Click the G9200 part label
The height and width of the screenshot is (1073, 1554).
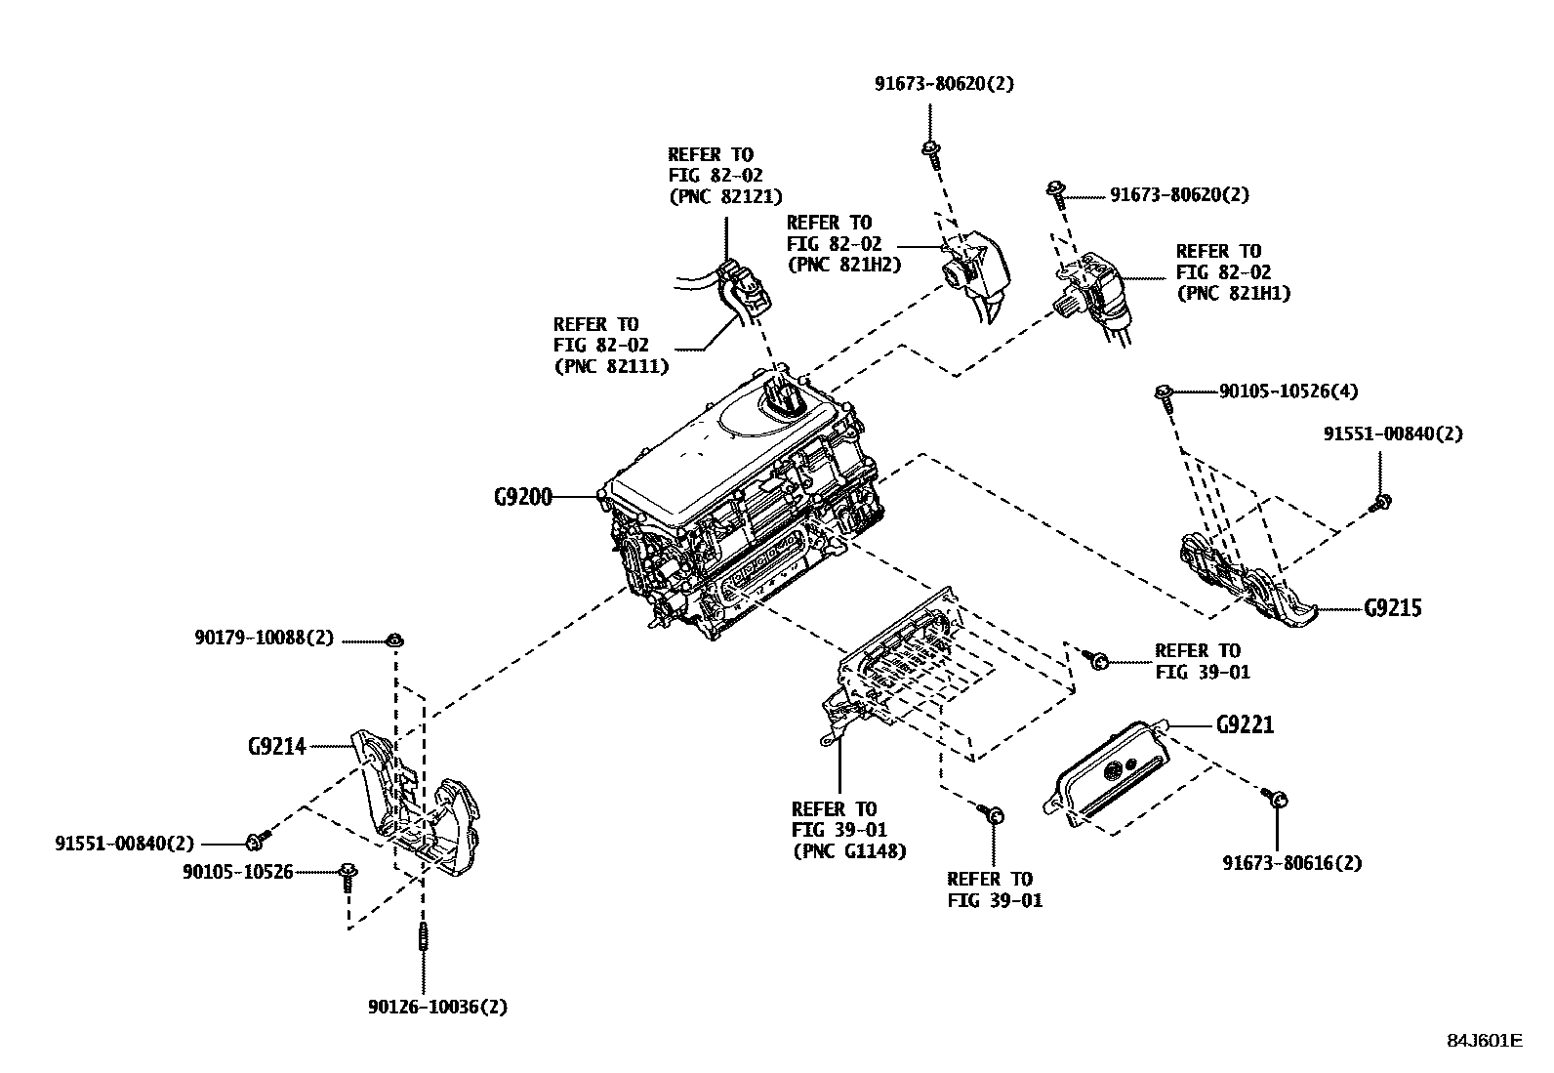522,497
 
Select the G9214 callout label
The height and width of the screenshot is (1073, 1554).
276,747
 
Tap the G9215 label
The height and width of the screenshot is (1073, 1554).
1392,608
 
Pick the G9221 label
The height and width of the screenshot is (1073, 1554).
1245,725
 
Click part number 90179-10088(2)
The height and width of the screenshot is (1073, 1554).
264,639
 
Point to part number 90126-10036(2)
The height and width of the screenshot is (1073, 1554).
437,1007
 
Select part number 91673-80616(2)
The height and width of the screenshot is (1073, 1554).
1292,862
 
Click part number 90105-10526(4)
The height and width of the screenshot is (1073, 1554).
1288,392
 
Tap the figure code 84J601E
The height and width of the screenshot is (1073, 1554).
1484,1040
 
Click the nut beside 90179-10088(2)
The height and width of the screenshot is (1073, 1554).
395,640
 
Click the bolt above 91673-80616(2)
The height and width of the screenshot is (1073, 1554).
1275,798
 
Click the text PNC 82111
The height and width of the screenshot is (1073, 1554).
610,366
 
